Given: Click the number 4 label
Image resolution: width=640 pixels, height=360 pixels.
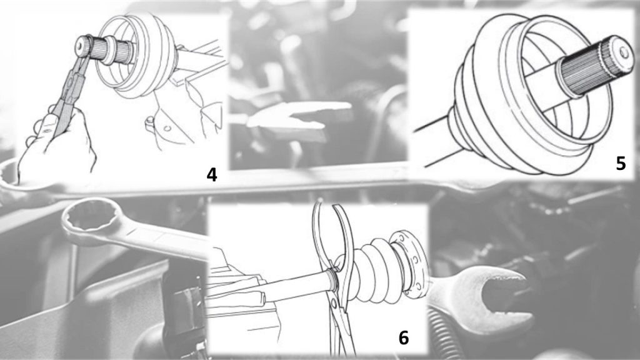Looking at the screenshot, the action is click(211, 175).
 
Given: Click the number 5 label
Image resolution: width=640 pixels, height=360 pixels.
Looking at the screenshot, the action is click(621, 163).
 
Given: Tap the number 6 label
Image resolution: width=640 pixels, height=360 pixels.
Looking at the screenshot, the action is click(403, 337).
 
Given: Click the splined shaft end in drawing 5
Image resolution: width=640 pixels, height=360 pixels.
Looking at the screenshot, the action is click(596, 65).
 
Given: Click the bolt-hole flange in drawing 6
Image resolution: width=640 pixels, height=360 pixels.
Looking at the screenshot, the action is click(413, 263).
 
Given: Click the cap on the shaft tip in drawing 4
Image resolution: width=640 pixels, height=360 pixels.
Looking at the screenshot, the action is click(83, 44).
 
